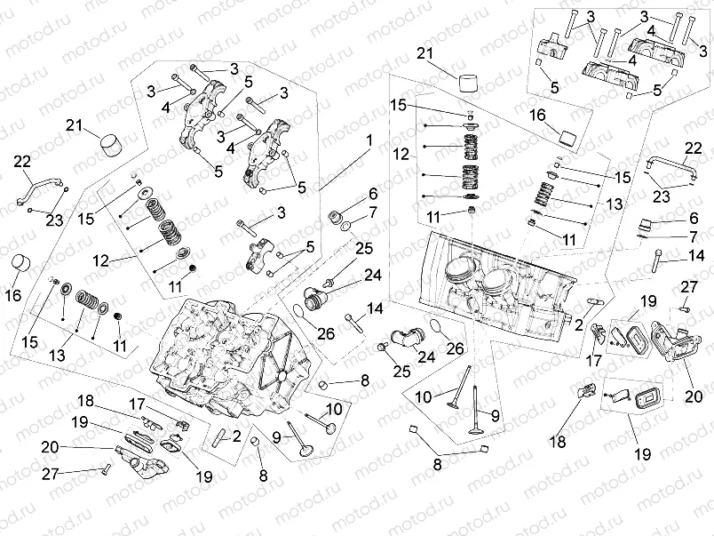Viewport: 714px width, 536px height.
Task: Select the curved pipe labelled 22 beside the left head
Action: click(41, 188)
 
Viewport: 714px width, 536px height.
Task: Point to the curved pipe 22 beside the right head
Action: click(670, 167)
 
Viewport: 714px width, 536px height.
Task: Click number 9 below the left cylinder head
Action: click(278, 436)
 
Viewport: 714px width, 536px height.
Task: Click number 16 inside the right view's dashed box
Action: click(539, 115)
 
